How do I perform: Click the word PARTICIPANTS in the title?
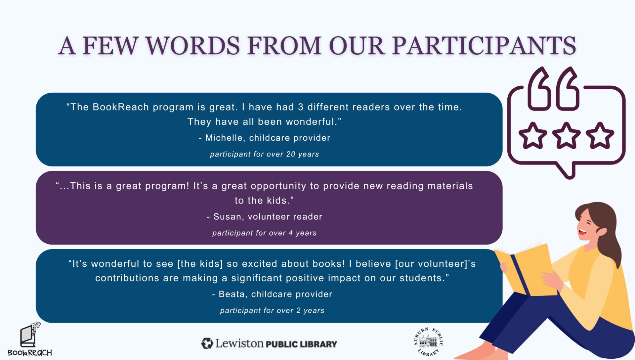point(484,46)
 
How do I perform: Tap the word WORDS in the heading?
point(193,46)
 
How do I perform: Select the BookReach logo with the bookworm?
point(30,339)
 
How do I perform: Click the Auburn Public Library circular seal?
point(428,341)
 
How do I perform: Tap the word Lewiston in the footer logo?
point(239,343)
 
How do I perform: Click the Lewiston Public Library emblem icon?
point(207,343)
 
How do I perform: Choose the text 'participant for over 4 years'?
point(265,233)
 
